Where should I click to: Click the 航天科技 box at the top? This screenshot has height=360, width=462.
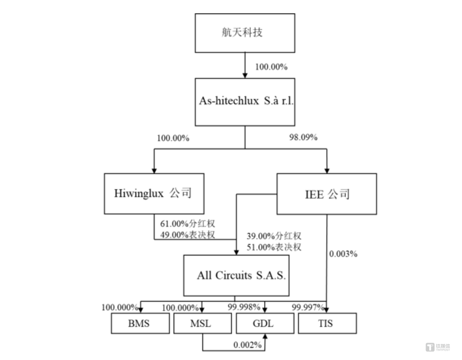tap(245, 33)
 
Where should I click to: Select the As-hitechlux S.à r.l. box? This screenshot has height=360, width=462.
tap(245, 102)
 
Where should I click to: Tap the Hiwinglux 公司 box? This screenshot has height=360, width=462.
tap(154, 194)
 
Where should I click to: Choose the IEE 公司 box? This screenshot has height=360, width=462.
tap(326, 194)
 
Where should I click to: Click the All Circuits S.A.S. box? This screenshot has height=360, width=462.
tap(236, 276)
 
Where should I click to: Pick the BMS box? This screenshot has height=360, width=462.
tap(140, 323)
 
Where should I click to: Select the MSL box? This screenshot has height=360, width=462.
tap(202, 323)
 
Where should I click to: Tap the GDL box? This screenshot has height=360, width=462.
tap(265, 323)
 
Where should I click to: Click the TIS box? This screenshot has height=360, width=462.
tap(327, 323)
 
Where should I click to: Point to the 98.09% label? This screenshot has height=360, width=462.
tap(303, 137)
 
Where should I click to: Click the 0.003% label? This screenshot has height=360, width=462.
tap(343, 254)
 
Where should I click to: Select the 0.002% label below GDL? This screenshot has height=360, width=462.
tap(247, 345)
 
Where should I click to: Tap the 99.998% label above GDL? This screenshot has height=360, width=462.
tap(244, 307)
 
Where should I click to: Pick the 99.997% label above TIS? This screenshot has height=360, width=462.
tap(308, 307)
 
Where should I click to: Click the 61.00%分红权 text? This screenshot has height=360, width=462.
tap(188, 224)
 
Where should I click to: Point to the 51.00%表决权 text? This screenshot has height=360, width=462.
tap(274, 247)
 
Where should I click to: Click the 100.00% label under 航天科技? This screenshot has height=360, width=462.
tap(271, 67)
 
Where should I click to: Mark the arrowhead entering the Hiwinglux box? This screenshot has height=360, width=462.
tap(154, 170)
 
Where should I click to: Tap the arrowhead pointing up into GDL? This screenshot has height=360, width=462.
tap(265, 337)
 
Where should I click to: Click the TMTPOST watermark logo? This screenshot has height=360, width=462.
tap(437, 347)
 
